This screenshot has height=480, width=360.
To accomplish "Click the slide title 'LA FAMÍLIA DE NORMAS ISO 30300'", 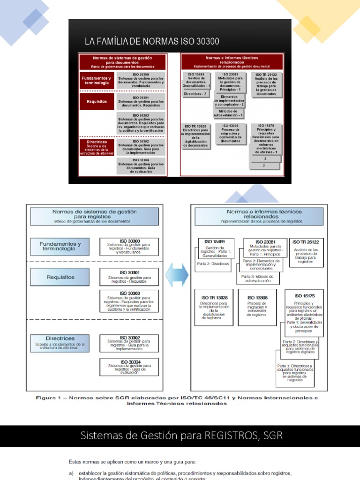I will (x=151, y=42).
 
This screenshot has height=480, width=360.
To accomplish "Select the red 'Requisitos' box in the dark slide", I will (x=97, y=101).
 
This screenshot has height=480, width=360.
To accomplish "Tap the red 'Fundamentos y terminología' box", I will (x=97, y=80).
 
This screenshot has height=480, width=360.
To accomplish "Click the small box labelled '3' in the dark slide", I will (x=264, y=165).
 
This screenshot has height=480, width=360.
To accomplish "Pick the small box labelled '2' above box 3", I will (x=265, y=159).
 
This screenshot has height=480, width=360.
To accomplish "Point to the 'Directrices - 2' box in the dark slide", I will (x=195, y=94).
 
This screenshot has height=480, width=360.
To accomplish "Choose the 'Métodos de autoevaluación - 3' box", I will (x=228, y=113).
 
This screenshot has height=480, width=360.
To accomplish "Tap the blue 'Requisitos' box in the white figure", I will (x=60, y=277).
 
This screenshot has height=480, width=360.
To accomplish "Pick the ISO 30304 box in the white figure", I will (x=129, y=367).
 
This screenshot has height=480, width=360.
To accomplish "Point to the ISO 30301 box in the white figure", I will (x=129, y=277).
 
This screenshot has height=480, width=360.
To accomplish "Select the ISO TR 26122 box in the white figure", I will (x=306, y=252).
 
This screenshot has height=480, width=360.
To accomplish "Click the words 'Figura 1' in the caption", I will (x=49, y=398).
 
